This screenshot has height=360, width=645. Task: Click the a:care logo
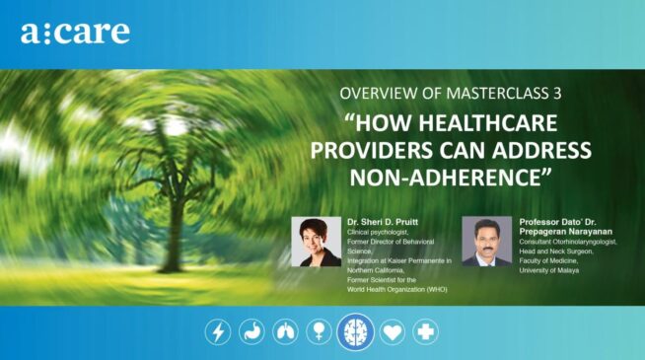75,32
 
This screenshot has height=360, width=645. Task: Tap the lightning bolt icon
217,331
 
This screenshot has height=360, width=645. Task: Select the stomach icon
251,331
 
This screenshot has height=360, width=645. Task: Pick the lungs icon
285,331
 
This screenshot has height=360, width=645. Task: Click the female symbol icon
319,331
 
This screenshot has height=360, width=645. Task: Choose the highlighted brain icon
355,331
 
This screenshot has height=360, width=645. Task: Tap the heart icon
393,331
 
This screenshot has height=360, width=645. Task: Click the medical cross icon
426,331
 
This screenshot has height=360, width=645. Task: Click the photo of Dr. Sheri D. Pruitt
317,242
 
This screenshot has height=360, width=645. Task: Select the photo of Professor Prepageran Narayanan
487,242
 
